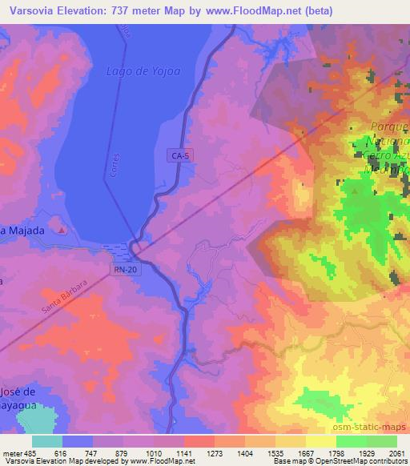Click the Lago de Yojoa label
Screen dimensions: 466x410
[138, 71]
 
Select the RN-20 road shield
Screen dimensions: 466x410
[124, 270]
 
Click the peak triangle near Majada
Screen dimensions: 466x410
[63, 231]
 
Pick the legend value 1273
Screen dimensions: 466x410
[214, 452]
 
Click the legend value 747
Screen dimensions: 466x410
[94, 452]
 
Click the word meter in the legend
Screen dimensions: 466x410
[14, 452]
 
